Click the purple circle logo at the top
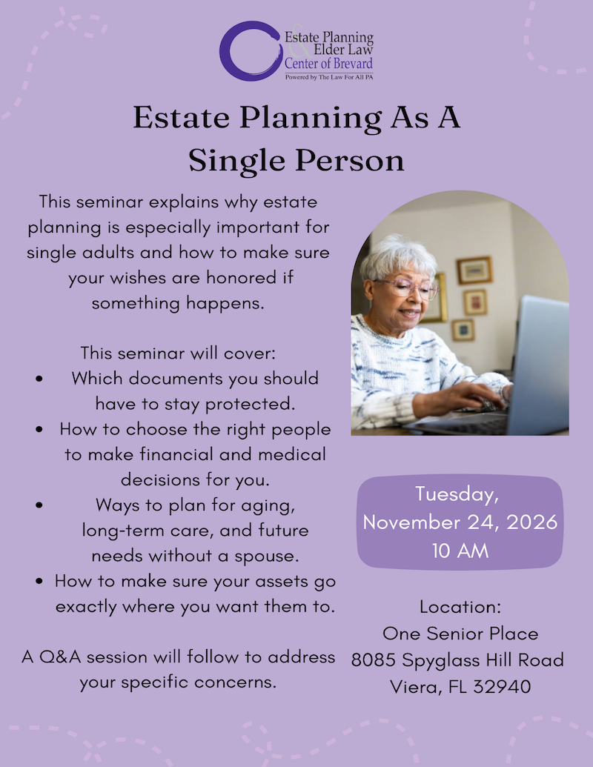(x=249, y=50)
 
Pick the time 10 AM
(x=460, y=551)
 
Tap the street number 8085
(x=376, y=660)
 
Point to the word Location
(x=460, y=607)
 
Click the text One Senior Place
(x=460, y=633)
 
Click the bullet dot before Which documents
(x=39, y=379)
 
